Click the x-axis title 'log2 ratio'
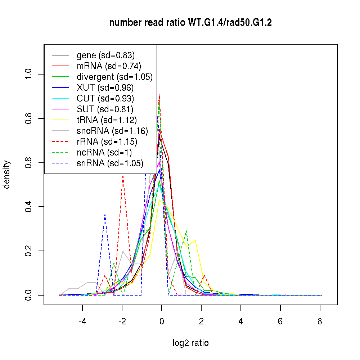[190, 343]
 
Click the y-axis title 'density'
[7, 175]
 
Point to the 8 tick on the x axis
[320, 321]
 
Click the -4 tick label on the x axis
[82, 321]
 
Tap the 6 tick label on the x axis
[280, 321]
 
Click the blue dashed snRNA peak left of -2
[105, 215]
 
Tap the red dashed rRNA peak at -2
[123, 175]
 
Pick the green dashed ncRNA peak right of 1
[186, 231]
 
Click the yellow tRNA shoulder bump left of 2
[195, 240]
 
